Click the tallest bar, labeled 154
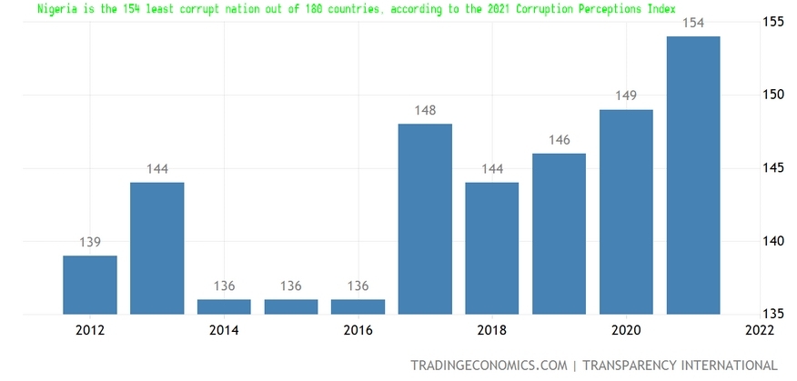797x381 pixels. click(x=693, y=175)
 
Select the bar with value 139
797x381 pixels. click(x=90, y=285)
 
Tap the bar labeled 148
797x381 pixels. click(x=425, y=219)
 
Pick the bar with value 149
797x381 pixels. click(x=626, y=212)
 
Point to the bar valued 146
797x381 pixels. click(x=559, y=234)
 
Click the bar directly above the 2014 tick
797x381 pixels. click(x=224, y=307)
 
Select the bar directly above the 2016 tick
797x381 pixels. click(x=358, y=307)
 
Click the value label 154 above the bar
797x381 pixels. click(x=693, y=23)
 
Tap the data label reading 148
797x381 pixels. click(x=425, y=111)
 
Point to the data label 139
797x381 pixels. click(x=90, y=242)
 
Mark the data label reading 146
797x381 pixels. click(x=559, y=140)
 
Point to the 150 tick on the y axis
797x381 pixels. click(x=772, y=95)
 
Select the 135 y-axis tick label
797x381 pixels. click(x=772, y=315)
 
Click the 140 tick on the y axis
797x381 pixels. click(x=772, y=241)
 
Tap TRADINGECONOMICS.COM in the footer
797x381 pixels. click(x=488, y=366)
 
